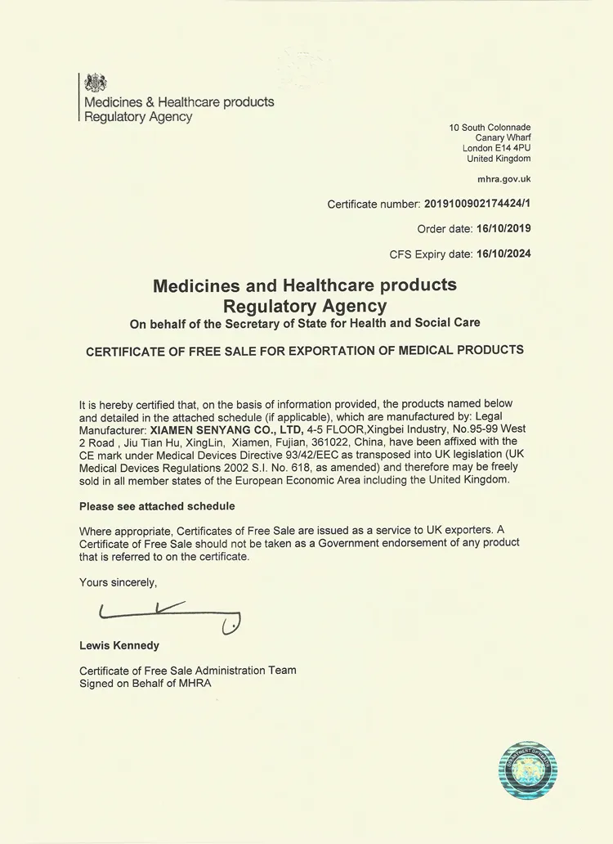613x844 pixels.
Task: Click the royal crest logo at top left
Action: click(x=96, y=83)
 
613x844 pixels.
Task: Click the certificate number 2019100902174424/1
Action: click(x=477, y=204)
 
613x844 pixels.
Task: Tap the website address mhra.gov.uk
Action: click(x=503, y=177)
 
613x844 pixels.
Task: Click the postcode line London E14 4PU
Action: click(x=496, y=148)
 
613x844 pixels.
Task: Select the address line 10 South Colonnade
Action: click(x=490, y=128)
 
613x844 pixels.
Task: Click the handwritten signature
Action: click(x=168, y=615)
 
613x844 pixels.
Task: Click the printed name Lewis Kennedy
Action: click(x=119, y=645)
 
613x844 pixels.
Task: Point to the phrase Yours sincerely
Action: click(x=118, y=582)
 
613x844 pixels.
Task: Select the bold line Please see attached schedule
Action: click(x=157, y=506)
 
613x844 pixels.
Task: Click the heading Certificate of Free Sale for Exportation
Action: click(x=305, y=350)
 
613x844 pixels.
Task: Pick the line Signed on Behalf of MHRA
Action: click(x=145, y=683)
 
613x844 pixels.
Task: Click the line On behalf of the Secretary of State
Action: click(x=305, y=323)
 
